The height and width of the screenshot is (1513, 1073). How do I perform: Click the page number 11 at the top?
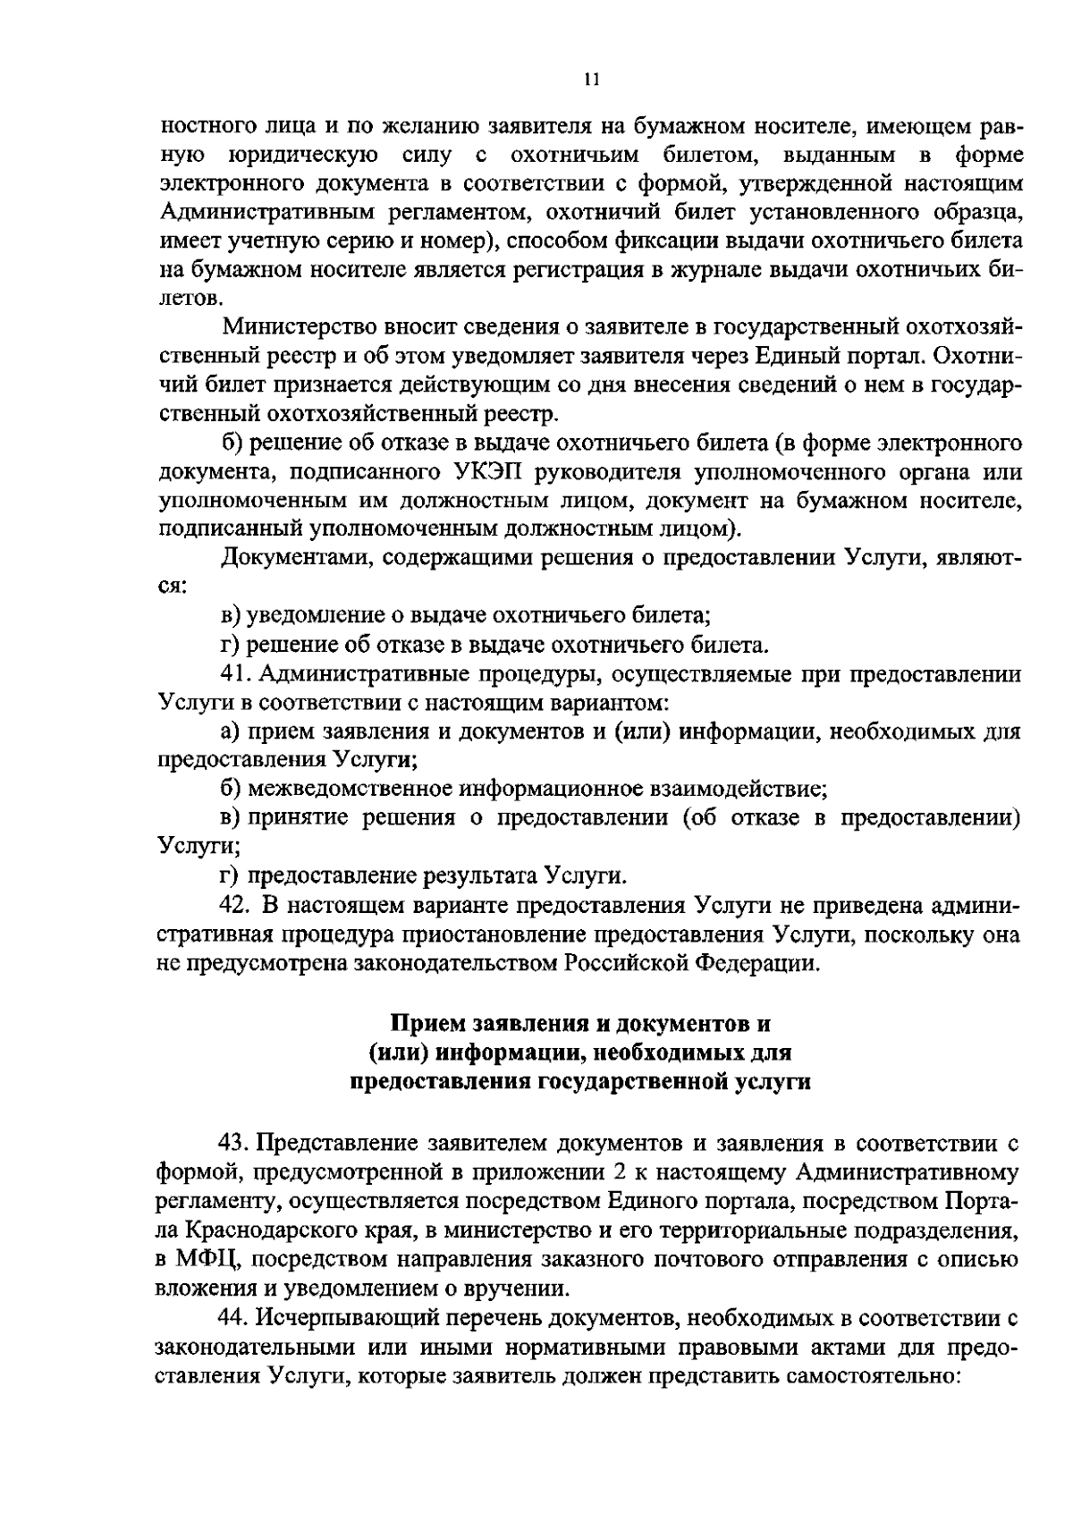589,80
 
